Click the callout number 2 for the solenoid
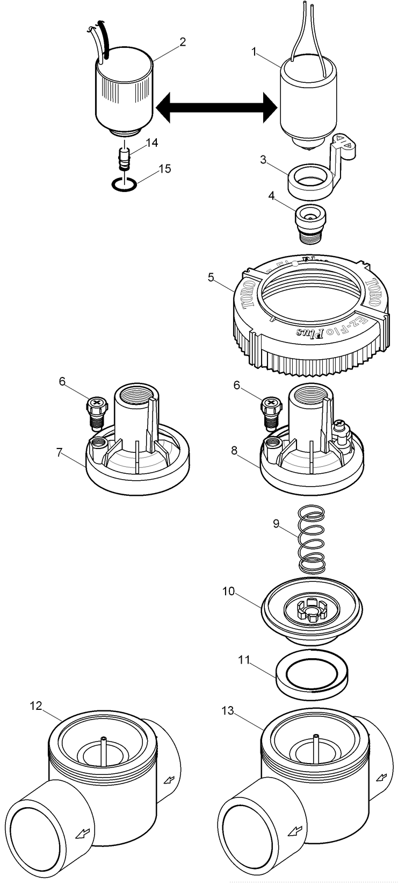183,41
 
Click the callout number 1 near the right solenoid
255,52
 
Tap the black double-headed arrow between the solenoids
215,109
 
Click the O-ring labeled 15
124,185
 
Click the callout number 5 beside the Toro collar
211,277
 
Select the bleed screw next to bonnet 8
271,411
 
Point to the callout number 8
234,450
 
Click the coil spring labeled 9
311,545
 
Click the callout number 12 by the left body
35,706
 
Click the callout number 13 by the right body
228,710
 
